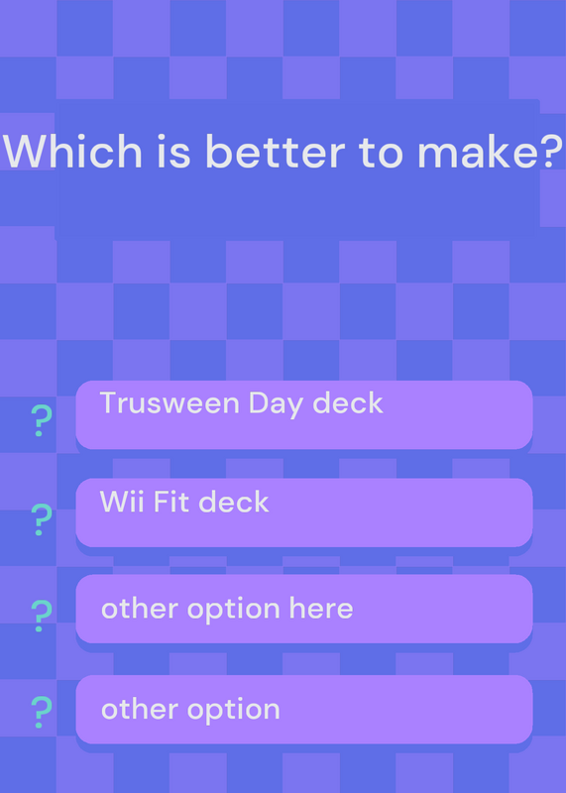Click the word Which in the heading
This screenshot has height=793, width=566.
(x=72, y=151)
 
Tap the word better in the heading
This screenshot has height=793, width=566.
(x=276, y=151)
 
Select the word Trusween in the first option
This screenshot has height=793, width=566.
(x=170, y=403)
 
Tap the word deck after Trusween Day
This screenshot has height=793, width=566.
(x=348, y=403)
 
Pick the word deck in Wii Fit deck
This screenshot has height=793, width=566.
(x=234, y=502)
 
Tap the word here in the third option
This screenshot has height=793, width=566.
(x=321, y=608)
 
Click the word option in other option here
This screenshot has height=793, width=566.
(x=234, y=610)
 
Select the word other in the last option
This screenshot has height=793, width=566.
(x=140, y=709)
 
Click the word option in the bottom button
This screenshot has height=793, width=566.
(x=234, y=711)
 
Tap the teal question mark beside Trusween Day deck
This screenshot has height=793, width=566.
(x=42, y=420)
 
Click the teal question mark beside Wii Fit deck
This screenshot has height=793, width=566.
(x=42, y=519)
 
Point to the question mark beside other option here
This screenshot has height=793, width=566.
(x=42, y=616)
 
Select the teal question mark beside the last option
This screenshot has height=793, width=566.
(x=42, y=712)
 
